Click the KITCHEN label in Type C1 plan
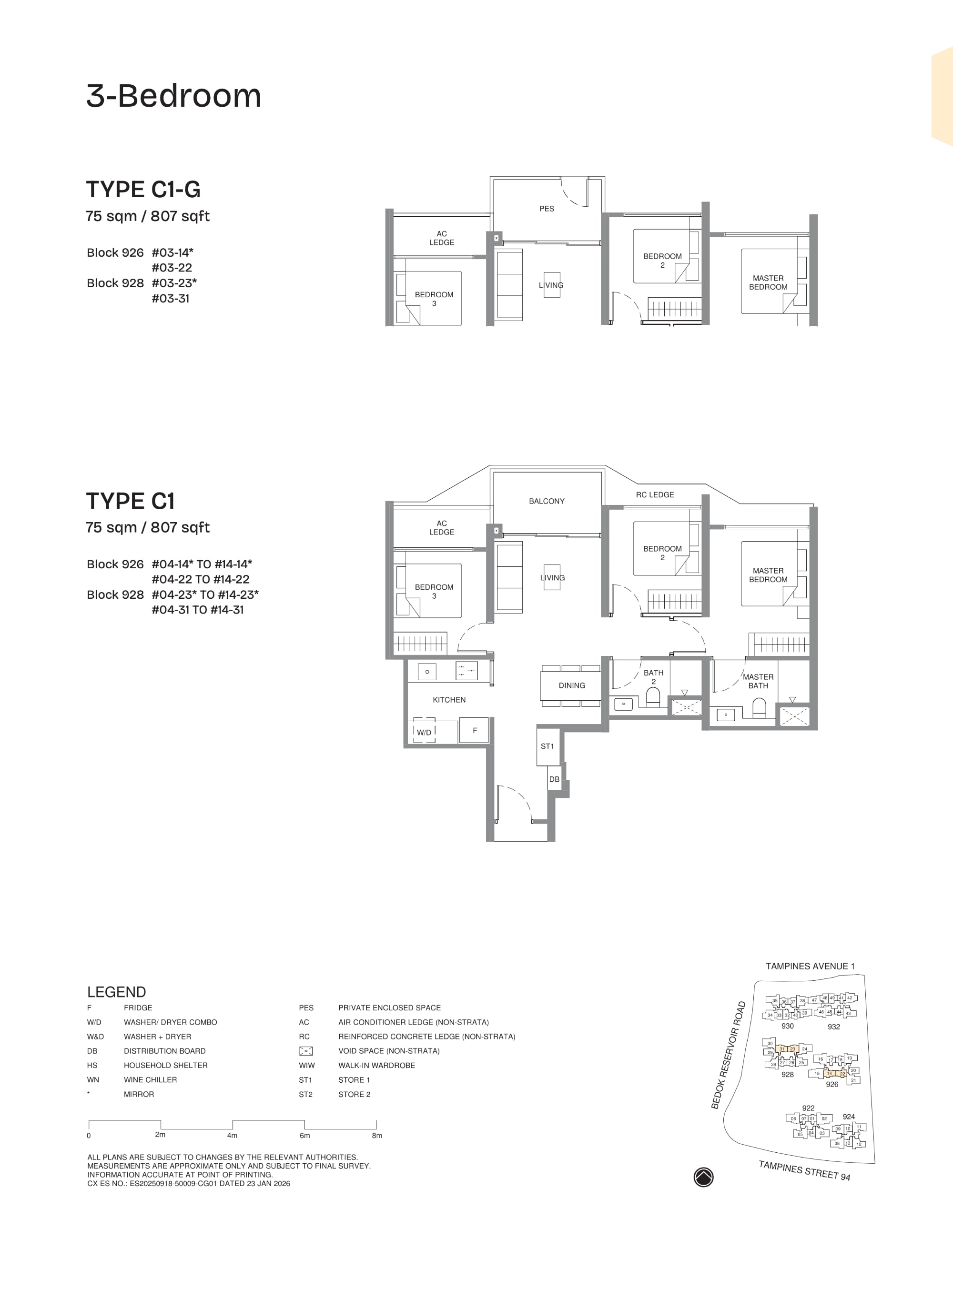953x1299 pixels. pos(449,699)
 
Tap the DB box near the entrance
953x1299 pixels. pos(554,779)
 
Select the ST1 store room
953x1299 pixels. pos(547,746)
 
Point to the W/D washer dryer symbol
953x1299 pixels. pos(424,732)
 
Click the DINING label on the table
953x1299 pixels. pos(571,685)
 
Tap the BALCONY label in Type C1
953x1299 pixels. pos(546,501)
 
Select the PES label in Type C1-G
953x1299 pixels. pos(546,209)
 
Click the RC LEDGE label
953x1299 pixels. pos(654,495)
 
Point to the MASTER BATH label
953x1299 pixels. pos(758,681)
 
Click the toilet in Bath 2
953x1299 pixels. pos(652,698)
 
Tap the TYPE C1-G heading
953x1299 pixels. pos(143,190)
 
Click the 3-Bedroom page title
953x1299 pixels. pos(173,96)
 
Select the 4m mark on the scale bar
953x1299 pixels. pos(232,1135)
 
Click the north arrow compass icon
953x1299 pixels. pos(703,1177)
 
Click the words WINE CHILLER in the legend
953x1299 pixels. pos(150,1080)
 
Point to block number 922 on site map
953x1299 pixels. pos(808,1108)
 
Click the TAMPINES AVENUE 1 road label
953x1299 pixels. pos(810,966)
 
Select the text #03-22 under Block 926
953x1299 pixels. pos(172,268)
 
